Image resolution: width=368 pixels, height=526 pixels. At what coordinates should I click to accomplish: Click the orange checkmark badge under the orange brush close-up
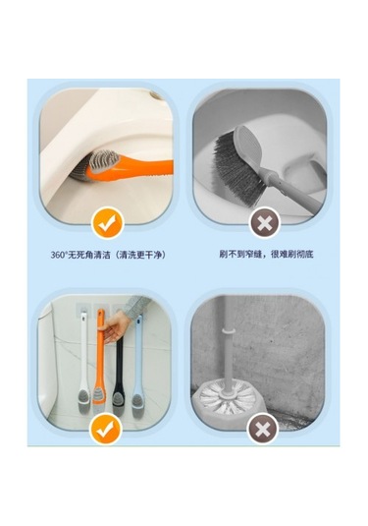[x=108, y=223]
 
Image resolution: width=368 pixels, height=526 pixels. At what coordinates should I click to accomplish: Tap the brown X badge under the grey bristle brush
[x=264, y=223]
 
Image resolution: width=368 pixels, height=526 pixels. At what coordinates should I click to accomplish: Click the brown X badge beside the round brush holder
[x=263, y=429]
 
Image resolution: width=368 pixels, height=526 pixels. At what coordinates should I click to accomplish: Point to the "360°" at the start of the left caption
[x=59, y=255]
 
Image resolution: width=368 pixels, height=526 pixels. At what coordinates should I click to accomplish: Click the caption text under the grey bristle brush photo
[x=266, y=254]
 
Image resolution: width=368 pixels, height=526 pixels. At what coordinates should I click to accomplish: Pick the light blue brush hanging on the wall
[x=137, y=366]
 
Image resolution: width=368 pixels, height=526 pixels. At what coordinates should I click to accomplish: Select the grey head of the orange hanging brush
[x=98, y=401]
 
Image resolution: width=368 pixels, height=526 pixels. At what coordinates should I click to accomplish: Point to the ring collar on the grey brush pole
[x=228, y=331]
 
